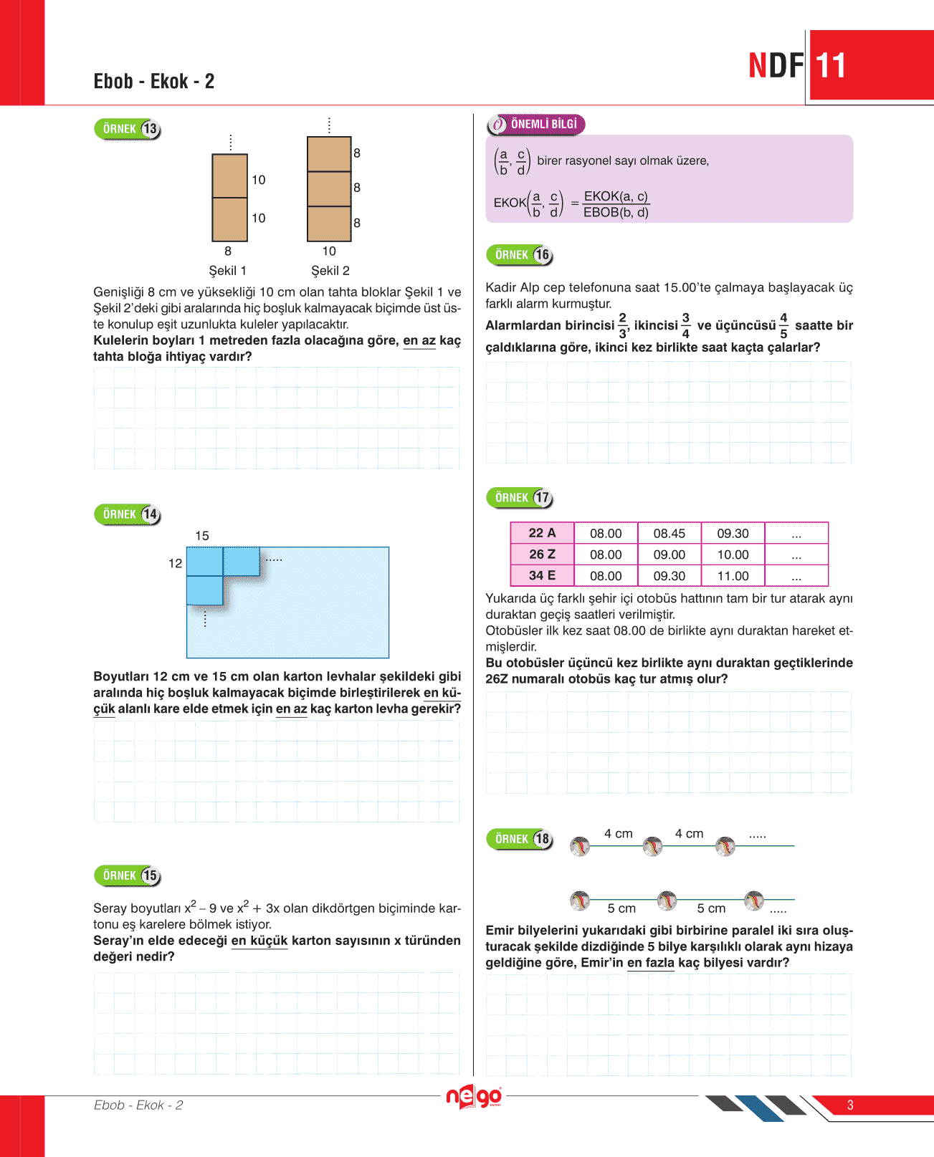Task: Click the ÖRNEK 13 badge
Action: [x=128, y=129]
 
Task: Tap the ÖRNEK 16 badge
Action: [x=520, y=255]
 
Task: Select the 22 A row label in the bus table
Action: [x=542, y=533]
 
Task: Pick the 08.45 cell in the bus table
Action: [x=669, y=534]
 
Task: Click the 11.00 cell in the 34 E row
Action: [x=733, y=576]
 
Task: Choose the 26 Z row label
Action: [x=542, y=555]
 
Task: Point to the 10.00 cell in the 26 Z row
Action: [x=733, y=555]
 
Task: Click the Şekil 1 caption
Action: [x=228, y=271]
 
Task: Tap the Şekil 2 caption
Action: [x=330, y=271]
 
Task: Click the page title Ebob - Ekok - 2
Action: [x=154, y=81]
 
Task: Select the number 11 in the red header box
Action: [x=831, y=66]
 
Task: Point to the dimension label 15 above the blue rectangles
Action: [x=202, y=536]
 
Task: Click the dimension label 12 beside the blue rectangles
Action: [x=176, y=564]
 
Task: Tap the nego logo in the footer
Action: [x=473, y=1097]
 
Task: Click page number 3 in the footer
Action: [x=850, y=1105]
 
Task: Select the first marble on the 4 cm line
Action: [x=580, y=847]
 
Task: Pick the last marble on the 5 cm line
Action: [x=754, y=901]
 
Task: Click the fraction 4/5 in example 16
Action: [x=783, y=325]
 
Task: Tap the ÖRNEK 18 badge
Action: [x=520, y=839]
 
